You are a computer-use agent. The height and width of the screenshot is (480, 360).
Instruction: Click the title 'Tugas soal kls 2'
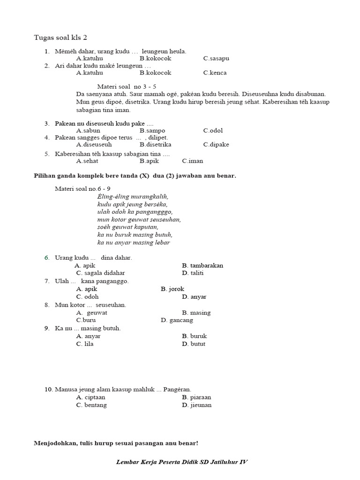pos(60,37)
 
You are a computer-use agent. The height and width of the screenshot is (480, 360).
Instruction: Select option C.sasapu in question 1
pos(216,59)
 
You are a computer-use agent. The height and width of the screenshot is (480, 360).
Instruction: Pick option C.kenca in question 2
pos(215,73)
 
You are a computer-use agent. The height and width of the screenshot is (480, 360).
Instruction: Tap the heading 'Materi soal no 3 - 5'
pos(127,87)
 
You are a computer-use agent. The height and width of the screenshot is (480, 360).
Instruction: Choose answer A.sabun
pos(88,130)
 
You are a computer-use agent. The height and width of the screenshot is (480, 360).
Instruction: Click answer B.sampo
pos(152,130)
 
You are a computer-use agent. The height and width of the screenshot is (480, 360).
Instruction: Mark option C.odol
pos(213,130)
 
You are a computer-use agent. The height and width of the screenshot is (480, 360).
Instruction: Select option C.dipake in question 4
pos(216,144)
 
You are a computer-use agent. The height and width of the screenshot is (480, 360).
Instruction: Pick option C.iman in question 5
pos(193,161)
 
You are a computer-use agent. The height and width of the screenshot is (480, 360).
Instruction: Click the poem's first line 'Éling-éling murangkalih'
pos(133,196)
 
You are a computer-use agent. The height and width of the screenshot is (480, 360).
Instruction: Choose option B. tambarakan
pos(202,265)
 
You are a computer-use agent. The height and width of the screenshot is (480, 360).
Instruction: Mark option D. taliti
pos(193,273)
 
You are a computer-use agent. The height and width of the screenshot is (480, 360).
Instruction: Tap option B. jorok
pos(172,289)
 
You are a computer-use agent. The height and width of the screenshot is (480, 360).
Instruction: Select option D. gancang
pos(177,320)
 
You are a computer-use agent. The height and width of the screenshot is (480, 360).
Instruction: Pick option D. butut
pos(194,344)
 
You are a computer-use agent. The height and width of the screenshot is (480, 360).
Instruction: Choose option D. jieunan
pos(196,405)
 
